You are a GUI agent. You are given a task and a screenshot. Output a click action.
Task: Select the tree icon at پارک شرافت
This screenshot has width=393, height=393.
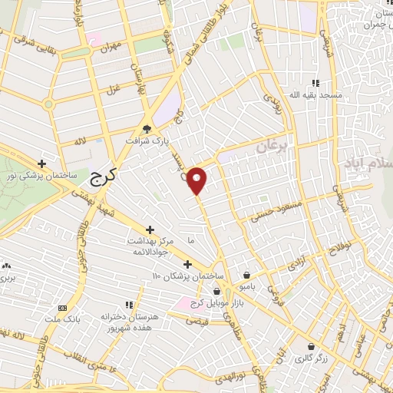click(147, 129)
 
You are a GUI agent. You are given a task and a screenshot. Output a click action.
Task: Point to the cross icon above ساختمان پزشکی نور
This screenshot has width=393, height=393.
click(41, 163)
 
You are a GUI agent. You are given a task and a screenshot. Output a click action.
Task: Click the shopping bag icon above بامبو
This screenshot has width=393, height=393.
click(246, 275)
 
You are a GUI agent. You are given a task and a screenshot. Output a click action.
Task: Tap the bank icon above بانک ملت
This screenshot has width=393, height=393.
click(51, 307)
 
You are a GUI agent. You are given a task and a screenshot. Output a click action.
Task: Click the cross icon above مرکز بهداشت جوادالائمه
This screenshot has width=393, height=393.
click(149, 229)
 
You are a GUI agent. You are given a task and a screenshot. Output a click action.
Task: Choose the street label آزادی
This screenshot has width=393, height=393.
click(296, 266)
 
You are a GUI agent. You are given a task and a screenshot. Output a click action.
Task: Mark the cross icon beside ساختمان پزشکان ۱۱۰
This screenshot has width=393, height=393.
click(187, 264)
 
